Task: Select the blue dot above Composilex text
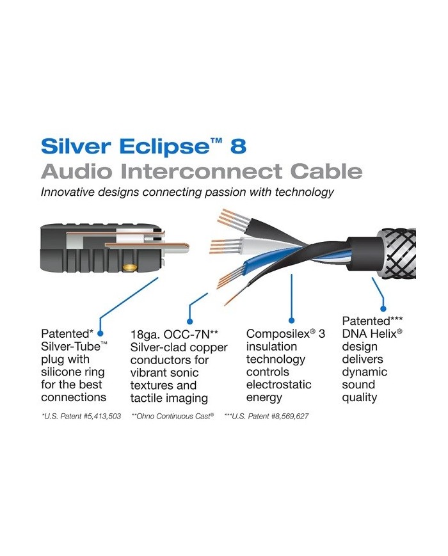click(x=292, y=319)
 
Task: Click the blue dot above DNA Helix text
click(x=383, y=306)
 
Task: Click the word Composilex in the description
click(x=276, y=334)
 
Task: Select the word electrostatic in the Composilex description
click(x=278, y=385)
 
